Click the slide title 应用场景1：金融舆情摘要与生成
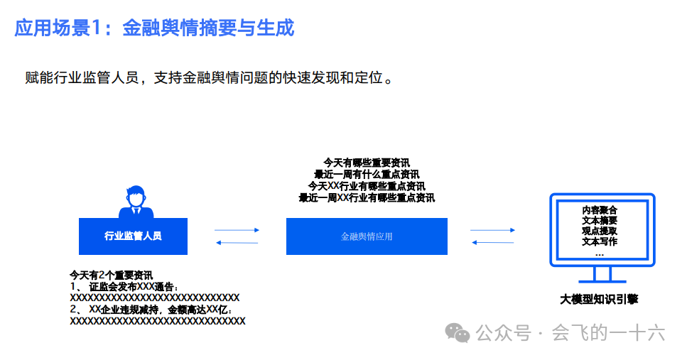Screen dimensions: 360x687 coord(154,28)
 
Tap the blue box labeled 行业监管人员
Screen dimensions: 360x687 coord(133,236)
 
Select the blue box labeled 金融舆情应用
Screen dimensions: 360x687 coord(367,236)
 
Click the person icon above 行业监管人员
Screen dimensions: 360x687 coord(135,202)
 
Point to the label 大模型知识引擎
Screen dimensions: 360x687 coord(598,300)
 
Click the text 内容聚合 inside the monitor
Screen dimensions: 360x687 coord(599,210)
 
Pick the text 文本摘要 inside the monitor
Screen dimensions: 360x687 coord(599,221)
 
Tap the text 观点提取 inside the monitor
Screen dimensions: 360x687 coord(599,231)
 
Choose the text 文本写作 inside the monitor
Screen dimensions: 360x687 coord(599,241)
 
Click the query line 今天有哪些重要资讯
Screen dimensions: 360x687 coord(367,163)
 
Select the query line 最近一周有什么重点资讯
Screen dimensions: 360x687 coord(367,174)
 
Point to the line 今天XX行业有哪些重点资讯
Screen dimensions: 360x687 coord(367,186)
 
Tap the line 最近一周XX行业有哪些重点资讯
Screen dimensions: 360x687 coord(367,198)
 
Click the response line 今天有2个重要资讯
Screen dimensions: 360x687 coord(111,274)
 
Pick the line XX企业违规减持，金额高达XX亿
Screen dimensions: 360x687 coord(156,310)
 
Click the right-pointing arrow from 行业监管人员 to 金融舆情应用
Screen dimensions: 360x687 coord(237,230)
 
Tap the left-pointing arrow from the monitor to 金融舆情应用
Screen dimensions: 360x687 coord(492,243)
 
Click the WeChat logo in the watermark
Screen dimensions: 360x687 coord(458,333)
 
